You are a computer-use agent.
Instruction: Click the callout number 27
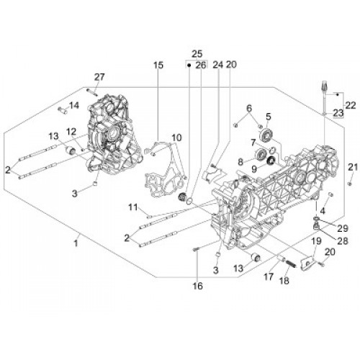[x=99, y=77]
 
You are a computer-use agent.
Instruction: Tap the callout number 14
[x=74, y=105]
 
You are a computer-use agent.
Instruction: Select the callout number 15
[x=158, y=66]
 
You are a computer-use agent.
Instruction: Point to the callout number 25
[x=197, y=53]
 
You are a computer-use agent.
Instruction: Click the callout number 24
[x=218, y=65]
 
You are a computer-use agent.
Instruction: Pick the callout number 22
[x=351, y=105]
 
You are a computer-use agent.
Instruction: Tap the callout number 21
[x=353, y=167]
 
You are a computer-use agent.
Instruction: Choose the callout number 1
[x=76, y=243]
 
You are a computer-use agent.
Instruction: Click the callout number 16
[x=198, y=286]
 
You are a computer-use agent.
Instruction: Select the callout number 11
[x=132, y=207]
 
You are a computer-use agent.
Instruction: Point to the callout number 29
[x=343, y=228]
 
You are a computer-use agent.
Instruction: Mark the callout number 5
[x=268, y=117]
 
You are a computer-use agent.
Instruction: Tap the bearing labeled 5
[x=266, y=135]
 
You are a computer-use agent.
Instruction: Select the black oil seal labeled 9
[x=271, y=161]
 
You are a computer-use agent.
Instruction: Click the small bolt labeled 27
[x=92, y=92]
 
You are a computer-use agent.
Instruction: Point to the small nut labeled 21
[x=350, y=184]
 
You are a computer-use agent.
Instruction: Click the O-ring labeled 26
[x=189, y=201]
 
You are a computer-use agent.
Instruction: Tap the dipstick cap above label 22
[x=323, y=86]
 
